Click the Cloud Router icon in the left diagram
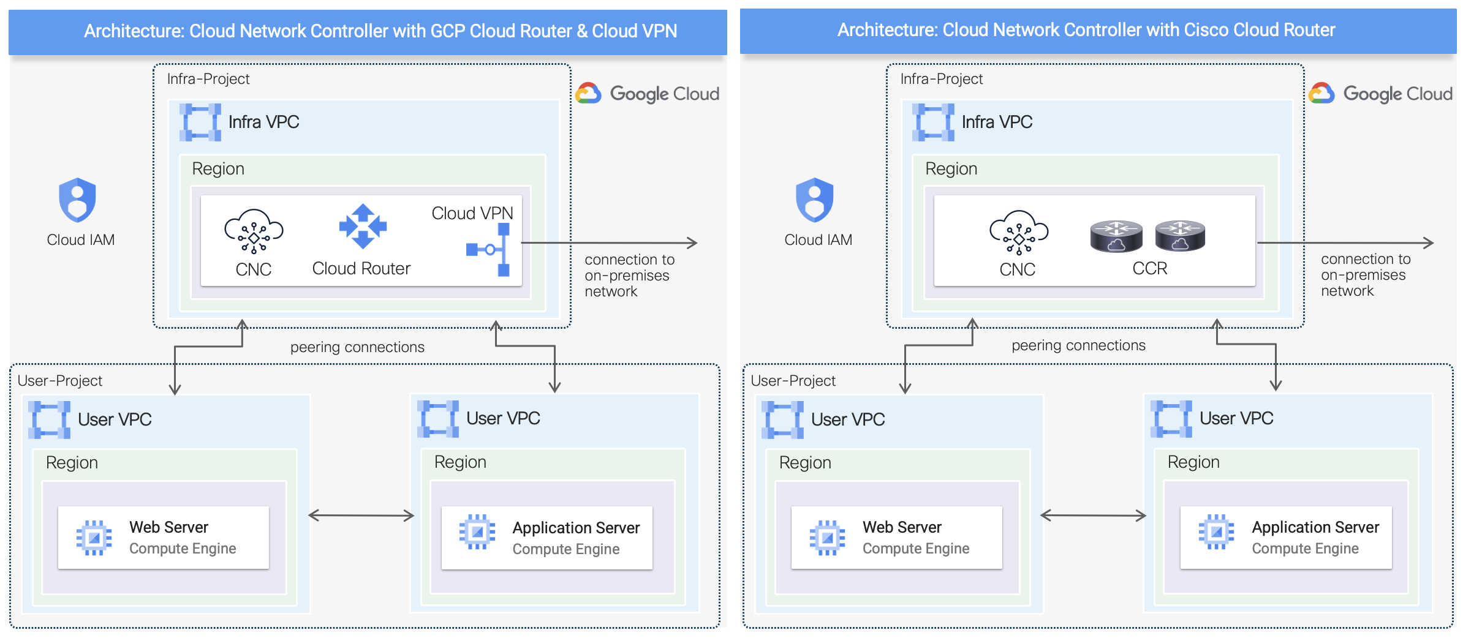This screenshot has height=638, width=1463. point(363,226)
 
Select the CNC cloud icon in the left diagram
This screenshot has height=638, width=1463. point(254,231)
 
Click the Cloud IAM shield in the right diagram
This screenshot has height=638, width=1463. point(814,200)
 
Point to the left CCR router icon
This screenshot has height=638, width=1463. point(1116,236)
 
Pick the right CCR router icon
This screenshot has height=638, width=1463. point(1180,236)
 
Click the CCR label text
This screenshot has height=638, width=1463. point(1149,268)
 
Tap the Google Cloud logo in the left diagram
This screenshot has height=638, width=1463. point(648,94)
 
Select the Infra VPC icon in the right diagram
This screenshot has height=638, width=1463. point(932,122)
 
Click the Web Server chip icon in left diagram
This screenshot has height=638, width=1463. point(94,538)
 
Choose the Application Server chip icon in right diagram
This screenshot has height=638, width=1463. point(1216,531)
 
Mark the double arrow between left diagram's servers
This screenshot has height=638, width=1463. point(361,516)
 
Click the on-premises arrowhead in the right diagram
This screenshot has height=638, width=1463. point(1428,243)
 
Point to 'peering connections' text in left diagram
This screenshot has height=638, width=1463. point(357,347)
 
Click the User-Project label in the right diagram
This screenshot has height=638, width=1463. point(793,381)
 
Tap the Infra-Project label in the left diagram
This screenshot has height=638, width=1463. point(208,79)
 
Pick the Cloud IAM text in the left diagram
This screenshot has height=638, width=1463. point(81,240)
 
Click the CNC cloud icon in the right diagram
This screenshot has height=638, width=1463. point(1018,232)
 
